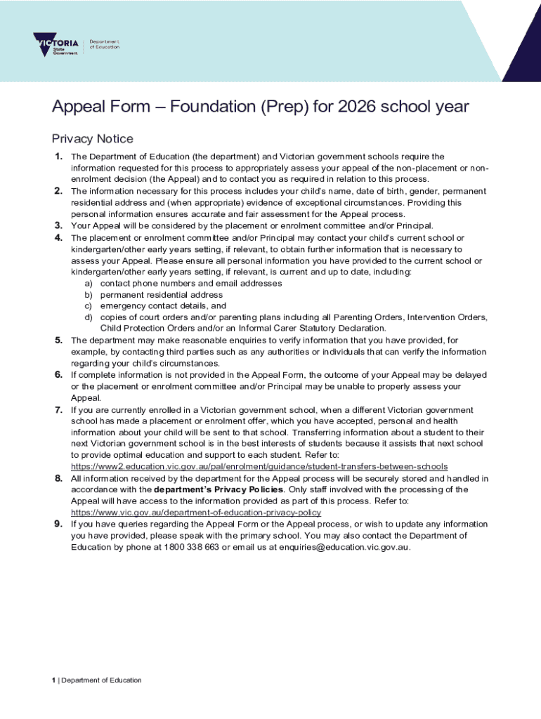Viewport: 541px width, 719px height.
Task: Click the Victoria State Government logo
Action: [x=56, y=44]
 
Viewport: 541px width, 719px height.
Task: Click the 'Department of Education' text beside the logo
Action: [x=104, y=44]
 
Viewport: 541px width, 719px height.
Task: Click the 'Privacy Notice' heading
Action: [x=92, y=139]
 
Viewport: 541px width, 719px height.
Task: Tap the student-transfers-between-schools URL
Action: [x=259, y=467]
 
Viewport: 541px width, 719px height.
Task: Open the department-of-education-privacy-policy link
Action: [x=196, y=513]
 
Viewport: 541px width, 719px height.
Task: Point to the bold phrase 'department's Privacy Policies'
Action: [x=219, y=489]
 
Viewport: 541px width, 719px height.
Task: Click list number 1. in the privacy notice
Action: [x=59, y=156]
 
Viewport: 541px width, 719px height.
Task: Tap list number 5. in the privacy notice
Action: [x=59, y=340]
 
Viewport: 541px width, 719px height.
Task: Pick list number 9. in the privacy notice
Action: [x=59, y=524]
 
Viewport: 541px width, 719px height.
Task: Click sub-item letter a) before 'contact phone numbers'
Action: [x=89, y=283]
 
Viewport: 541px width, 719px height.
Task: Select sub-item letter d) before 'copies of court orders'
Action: [x=89, y=317]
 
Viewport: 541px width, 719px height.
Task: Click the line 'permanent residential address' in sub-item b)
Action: [x=162, y=295]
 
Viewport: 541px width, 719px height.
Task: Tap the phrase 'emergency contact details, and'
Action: [x=163, y=306]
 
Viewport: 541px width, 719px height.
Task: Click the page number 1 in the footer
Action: [x=53, y=680]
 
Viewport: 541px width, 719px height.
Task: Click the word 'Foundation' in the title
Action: [x=213, y=107]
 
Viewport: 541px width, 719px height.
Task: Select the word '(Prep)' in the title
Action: [x=285, y=107]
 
